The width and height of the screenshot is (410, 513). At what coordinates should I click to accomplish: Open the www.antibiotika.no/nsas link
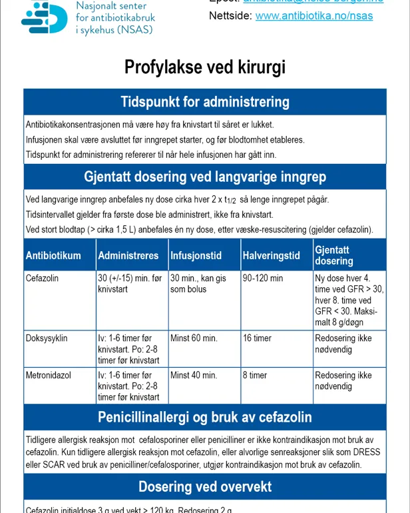[x=314, y=16]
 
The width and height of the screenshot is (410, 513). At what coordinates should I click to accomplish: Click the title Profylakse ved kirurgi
[x=205, y=67]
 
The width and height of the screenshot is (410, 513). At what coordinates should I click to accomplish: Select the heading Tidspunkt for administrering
[x=205, y=102]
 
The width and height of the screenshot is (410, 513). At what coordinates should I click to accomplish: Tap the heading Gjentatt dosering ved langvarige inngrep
[x=205, y=177]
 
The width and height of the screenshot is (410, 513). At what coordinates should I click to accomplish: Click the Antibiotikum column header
[x=53, y=256]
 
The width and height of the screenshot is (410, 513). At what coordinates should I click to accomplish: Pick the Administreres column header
[x=128, y=256]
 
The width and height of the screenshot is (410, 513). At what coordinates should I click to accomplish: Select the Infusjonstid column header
[x=198, y=256]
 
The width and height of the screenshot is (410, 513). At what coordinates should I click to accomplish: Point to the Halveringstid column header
[x=271, y=256]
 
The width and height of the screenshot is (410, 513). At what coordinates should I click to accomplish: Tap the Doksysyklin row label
[x=47, y=338]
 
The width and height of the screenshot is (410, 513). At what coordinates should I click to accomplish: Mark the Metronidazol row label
[x=49, y=376]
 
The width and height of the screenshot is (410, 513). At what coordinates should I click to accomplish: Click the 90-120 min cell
[x=263, y=278]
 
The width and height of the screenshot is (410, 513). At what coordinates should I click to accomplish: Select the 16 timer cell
[x=257, y=338]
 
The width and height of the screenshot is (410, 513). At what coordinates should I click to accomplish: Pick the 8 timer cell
[x=255, y=376]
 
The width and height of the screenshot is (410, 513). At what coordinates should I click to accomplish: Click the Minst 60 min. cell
[x=194, y=338]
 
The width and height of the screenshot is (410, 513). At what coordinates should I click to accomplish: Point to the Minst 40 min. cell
[x=194, y=376]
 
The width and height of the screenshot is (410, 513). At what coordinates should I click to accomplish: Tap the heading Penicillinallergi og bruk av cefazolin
[x=205, y=418]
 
